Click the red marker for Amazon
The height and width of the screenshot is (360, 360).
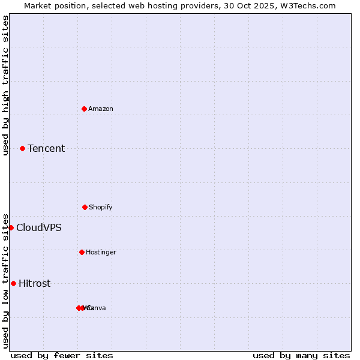tap(85, 109)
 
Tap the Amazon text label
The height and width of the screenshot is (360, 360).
tap(101, 109)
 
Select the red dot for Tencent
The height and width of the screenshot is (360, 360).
tap(22, 148)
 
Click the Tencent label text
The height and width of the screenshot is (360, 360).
tap(46, 149)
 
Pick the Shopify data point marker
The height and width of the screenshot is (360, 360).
tap(85, 207)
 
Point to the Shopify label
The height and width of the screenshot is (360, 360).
tap(101, 207)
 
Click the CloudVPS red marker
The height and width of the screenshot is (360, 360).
tap(11, 227)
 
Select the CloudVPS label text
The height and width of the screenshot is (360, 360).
tap(38, 228)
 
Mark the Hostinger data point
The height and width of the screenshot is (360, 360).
tap(82, 252)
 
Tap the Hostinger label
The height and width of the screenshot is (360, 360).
tap(101, 252)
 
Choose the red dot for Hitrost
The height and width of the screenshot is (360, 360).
tap(13, 283)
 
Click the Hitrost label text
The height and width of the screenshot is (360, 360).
tap(35, 284)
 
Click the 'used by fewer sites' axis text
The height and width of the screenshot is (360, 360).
tap(62, 355)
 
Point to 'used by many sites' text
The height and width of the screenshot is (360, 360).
tap(301, 355)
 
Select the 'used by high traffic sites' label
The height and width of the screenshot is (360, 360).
tap(5, 85)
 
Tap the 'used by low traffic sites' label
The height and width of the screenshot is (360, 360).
tap(5, 281)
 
